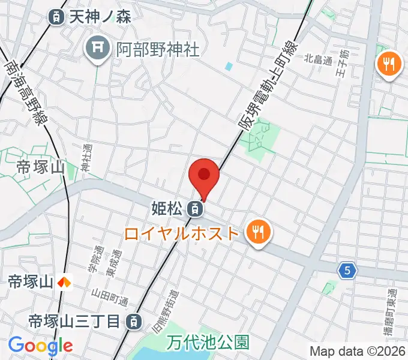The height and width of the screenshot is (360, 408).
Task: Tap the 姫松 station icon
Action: tap(194, 209)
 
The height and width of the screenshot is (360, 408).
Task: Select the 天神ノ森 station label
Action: tap(100, 17)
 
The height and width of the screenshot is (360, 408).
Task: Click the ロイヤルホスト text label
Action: tap(182, 232)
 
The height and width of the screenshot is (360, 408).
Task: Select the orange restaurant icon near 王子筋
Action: tap(389, 64)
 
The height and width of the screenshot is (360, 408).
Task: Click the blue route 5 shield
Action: tap(347, 271)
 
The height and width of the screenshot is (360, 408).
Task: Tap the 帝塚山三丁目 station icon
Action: tap(135, 322)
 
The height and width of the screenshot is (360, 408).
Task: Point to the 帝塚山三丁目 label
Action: tap(74, 322)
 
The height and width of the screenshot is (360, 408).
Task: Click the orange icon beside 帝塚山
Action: tap(65, 280)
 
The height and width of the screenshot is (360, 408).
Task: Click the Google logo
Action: tap(40, 345)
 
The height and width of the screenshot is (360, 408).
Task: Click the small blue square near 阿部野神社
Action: tap(229, 66)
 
